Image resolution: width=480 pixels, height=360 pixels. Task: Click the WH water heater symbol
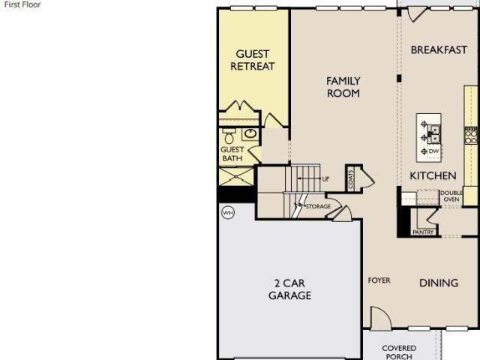pos(228,212)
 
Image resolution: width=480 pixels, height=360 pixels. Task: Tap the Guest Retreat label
pos(253,60)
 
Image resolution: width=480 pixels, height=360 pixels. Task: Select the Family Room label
pos(343,87)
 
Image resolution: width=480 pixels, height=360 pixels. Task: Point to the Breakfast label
pos(439,49)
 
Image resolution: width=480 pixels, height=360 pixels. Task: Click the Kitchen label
pos(433,175)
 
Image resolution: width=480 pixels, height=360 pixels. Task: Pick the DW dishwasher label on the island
pos(433,151)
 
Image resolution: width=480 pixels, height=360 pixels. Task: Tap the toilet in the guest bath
pos(229,136)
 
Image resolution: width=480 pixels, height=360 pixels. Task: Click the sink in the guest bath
pos(250,134)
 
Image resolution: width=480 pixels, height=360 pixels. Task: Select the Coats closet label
pos(351,179)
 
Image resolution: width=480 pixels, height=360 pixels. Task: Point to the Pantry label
pos(423,232)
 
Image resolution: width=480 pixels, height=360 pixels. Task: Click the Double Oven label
pos(451,196)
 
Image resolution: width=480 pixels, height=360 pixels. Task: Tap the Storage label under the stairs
pos(318,207)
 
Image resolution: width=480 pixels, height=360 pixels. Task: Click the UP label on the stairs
pos(325,179)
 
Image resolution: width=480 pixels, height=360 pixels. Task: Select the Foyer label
pos(379,280)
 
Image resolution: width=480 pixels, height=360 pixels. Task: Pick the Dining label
pos(439,283)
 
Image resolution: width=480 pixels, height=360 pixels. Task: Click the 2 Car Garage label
pos(289,289)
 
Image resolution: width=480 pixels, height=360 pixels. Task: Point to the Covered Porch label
pos(399,352)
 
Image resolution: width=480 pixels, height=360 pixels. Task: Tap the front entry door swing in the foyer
pos(380,318)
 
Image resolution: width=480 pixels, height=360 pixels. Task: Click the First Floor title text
pos(22,4)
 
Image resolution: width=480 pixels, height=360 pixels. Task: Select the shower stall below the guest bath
pos(236,177)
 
